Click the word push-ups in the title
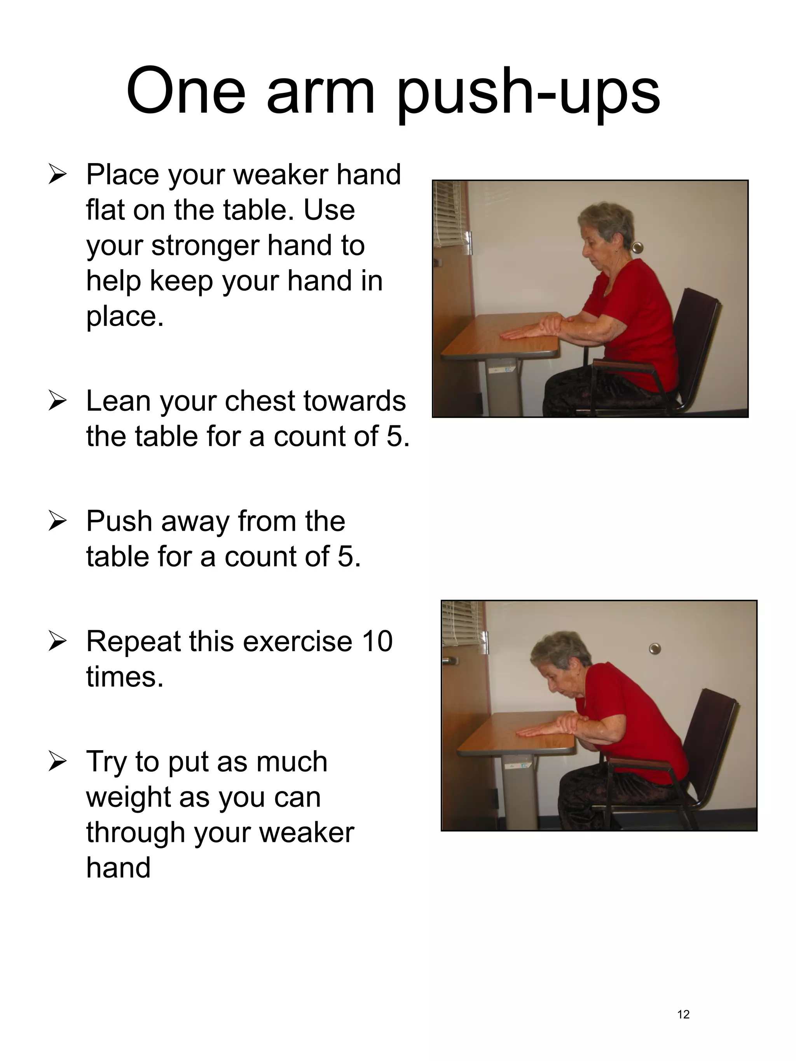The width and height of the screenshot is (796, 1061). [x=528, y=94]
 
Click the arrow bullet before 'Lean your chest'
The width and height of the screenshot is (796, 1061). [x=57, y=401]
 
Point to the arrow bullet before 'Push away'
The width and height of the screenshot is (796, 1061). [x=57, y=522]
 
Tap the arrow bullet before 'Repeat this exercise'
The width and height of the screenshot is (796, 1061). [x=57, y=642]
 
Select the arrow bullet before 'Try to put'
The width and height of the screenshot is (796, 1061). [x=57, y=762]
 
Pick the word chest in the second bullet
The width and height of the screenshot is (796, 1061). [x=260, y=401]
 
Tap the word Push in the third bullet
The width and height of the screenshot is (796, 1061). [x=119, y=521]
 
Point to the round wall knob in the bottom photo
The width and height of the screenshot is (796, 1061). [x=655, y=649]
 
